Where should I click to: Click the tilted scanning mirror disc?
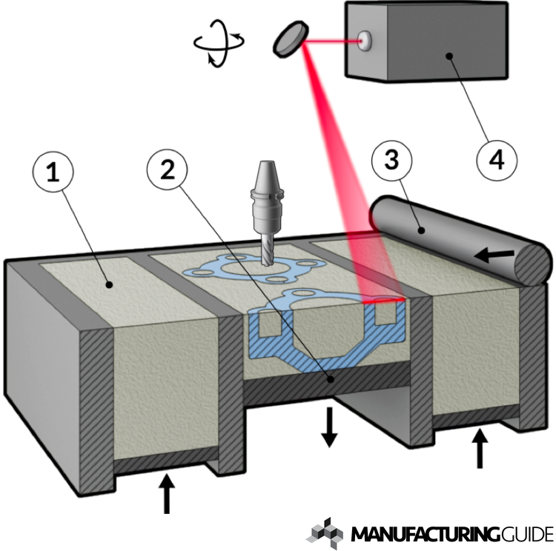288,40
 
